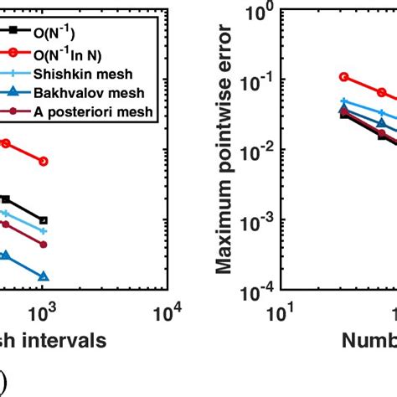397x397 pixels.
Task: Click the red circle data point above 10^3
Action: pyautogui.click(x=44, y=161)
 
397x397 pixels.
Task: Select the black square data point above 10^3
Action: pyautogui.click(x=44, y=220)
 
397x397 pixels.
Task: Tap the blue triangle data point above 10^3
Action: pyautogui.click(x=44, y=276)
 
